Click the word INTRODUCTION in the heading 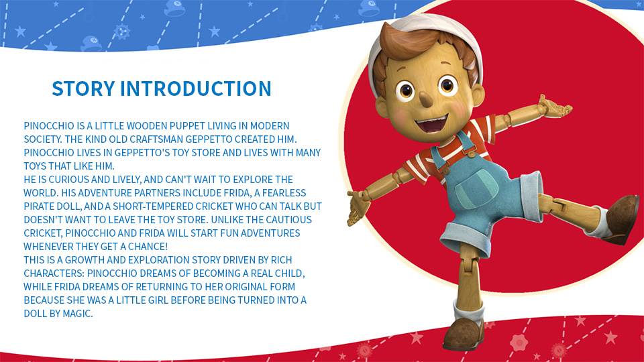click(x=195, y=88)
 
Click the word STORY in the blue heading click(x=83, y=88)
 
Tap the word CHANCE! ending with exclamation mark click(x=148, y=247)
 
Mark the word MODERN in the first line click(x=270, y=125)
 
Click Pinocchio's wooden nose click(x=425, y=98)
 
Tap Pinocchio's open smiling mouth click(x=431, y=123)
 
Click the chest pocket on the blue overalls click(x=477, y=189)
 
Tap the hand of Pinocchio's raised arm click(x=555, y=107)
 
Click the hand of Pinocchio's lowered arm click(x=358, y=208)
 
